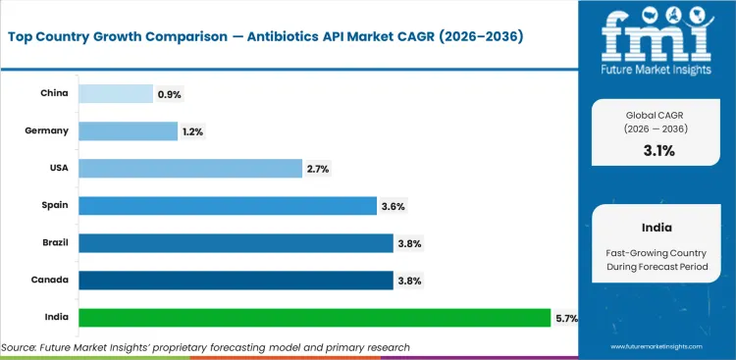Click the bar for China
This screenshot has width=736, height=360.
[116, 94]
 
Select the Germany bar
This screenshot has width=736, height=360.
[129, 131]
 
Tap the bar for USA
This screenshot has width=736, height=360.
[190, 169]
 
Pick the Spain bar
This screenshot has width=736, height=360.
[228, 206]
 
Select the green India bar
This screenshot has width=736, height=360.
[314, 318]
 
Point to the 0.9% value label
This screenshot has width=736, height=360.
[170, 94]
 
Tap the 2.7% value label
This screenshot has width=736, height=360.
[318, 169]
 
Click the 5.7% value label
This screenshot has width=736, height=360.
[566, 318]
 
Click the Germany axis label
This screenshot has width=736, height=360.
[48, 131]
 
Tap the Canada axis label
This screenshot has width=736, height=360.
[51, 281]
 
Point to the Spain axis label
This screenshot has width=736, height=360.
[55, 206]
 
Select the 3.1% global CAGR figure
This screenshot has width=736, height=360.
[657, 150]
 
